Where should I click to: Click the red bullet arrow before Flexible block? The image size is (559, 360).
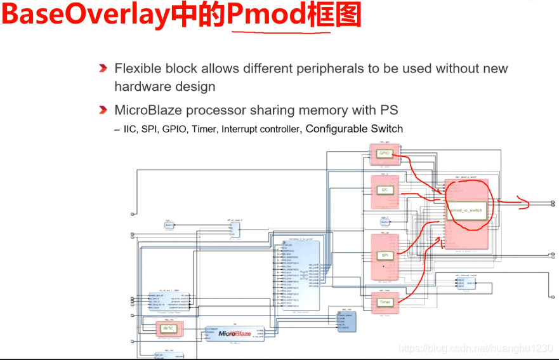103,68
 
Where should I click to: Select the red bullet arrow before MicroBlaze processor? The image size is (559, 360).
103,110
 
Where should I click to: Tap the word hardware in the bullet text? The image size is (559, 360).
143,86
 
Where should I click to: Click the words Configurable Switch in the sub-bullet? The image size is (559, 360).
354,128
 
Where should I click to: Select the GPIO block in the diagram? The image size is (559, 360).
384,154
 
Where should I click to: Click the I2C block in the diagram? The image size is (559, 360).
384,190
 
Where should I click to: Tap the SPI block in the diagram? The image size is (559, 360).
384,255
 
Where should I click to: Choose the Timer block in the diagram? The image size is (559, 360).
385,302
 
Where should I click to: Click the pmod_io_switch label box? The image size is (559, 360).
466,210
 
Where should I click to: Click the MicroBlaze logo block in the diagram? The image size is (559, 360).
235,333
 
